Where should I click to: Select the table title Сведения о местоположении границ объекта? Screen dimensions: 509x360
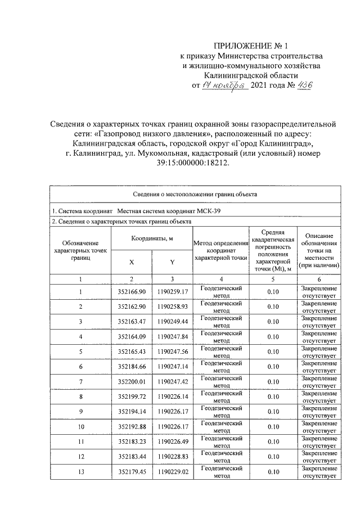(195, 195)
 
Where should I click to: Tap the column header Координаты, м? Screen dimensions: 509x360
(152, 238)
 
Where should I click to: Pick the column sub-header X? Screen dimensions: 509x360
(132, 262)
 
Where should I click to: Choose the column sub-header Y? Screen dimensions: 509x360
(172, 262)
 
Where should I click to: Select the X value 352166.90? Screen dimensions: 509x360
(132, 291)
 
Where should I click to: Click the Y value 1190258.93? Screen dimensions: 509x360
(172, 307)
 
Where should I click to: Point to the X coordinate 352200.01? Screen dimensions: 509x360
(132, 382)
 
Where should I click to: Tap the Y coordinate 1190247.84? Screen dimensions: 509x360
(172, 337)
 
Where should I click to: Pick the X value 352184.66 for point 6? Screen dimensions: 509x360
(132, 367)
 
